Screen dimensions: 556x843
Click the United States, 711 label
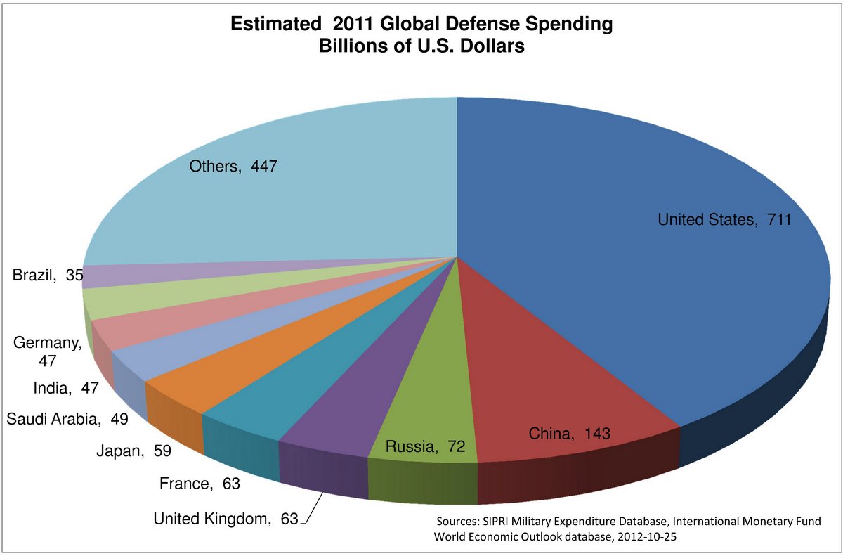(x=724, y=220)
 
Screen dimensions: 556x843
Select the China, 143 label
(x=570, y=434)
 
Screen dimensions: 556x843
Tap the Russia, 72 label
(x=426, y=446)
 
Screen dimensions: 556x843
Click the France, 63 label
(x=200, y=484)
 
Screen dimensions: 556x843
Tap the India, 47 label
(x=65, y=387)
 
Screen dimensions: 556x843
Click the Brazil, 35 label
(x=46, y=276)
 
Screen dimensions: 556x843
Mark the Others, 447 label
(x=234, y=167)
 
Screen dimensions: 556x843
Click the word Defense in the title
(x=465, y=25)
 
